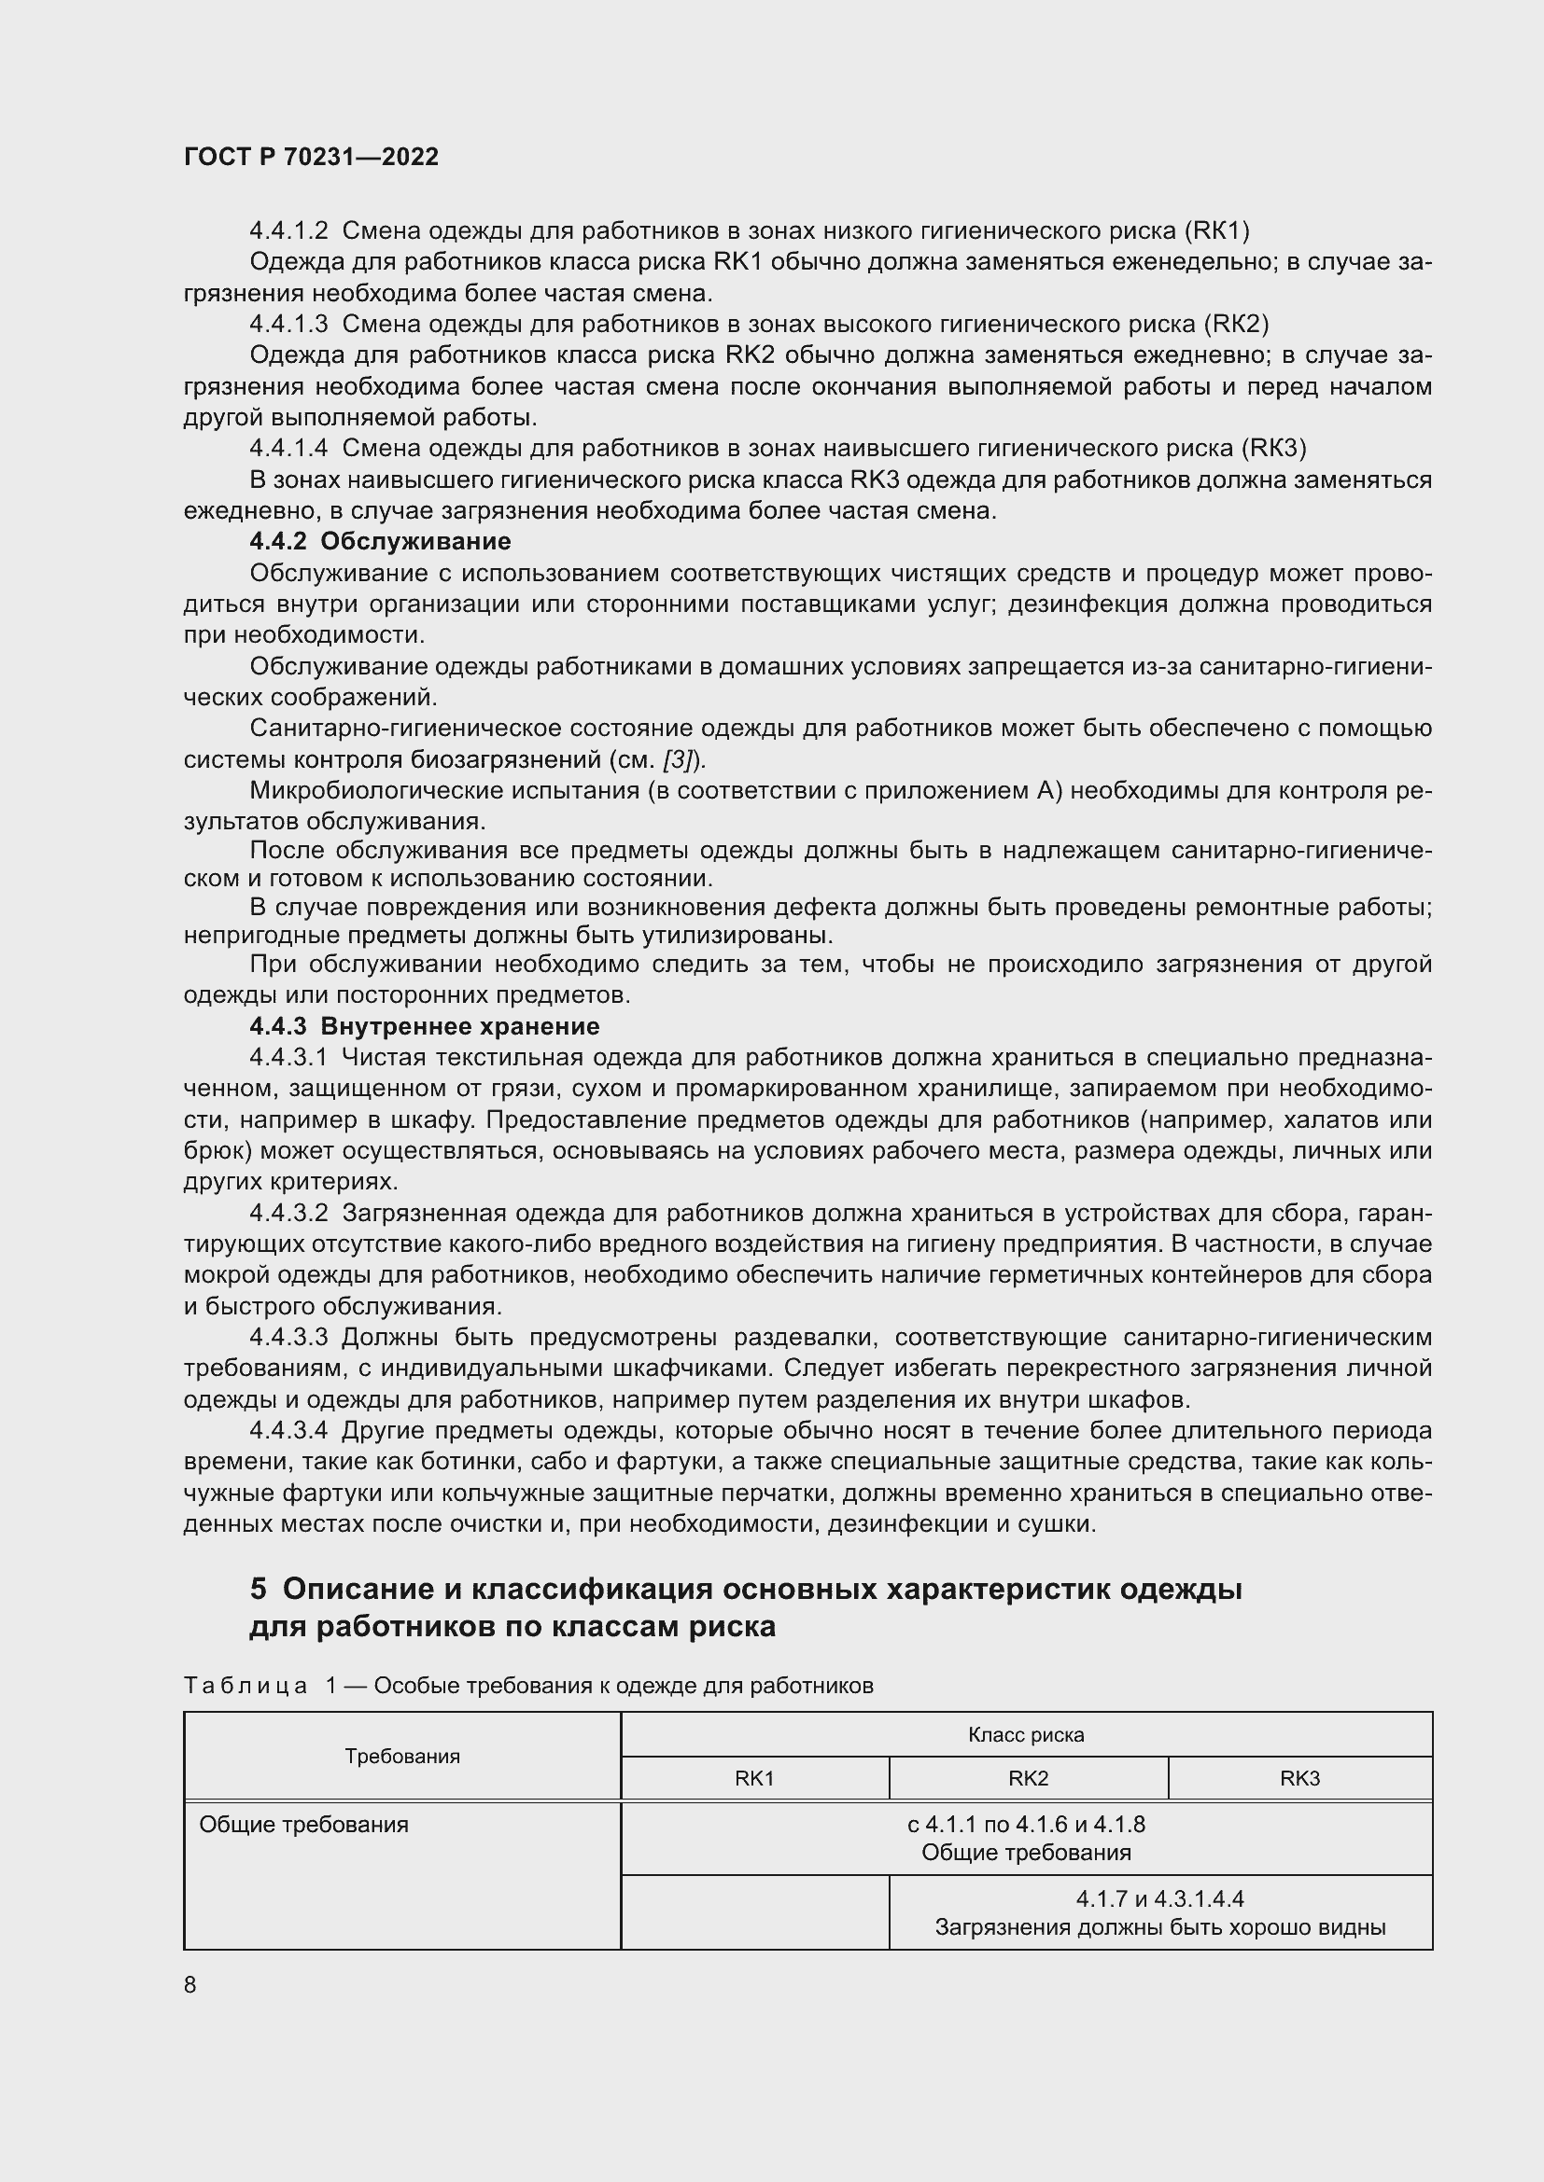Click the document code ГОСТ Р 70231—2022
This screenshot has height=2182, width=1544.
point(311,157)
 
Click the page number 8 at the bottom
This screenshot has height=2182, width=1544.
point(190,1984)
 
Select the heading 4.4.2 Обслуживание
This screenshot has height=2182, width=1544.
point(380,542)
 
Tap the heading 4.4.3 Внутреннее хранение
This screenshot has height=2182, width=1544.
point(424,1026)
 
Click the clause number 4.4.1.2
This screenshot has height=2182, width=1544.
point(288,231)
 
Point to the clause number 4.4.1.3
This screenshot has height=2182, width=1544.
point(288,324)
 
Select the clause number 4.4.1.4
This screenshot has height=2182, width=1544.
point(288,449)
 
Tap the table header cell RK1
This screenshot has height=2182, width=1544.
point(754,1778)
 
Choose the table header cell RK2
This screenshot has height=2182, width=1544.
point(1028,1778)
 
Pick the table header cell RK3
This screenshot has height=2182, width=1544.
point(1298,1778)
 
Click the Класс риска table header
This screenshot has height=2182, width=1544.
point(1026,1734)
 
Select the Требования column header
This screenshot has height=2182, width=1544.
point(402,1757)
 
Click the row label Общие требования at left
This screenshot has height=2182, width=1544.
point(303,1825)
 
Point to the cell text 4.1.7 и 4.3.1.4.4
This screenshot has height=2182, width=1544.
point(1160,1898)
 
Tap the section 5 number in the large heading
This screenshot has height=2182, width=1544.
point(258,1589)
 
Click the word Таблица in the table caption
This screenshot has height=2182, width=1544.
point(246,1686)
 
